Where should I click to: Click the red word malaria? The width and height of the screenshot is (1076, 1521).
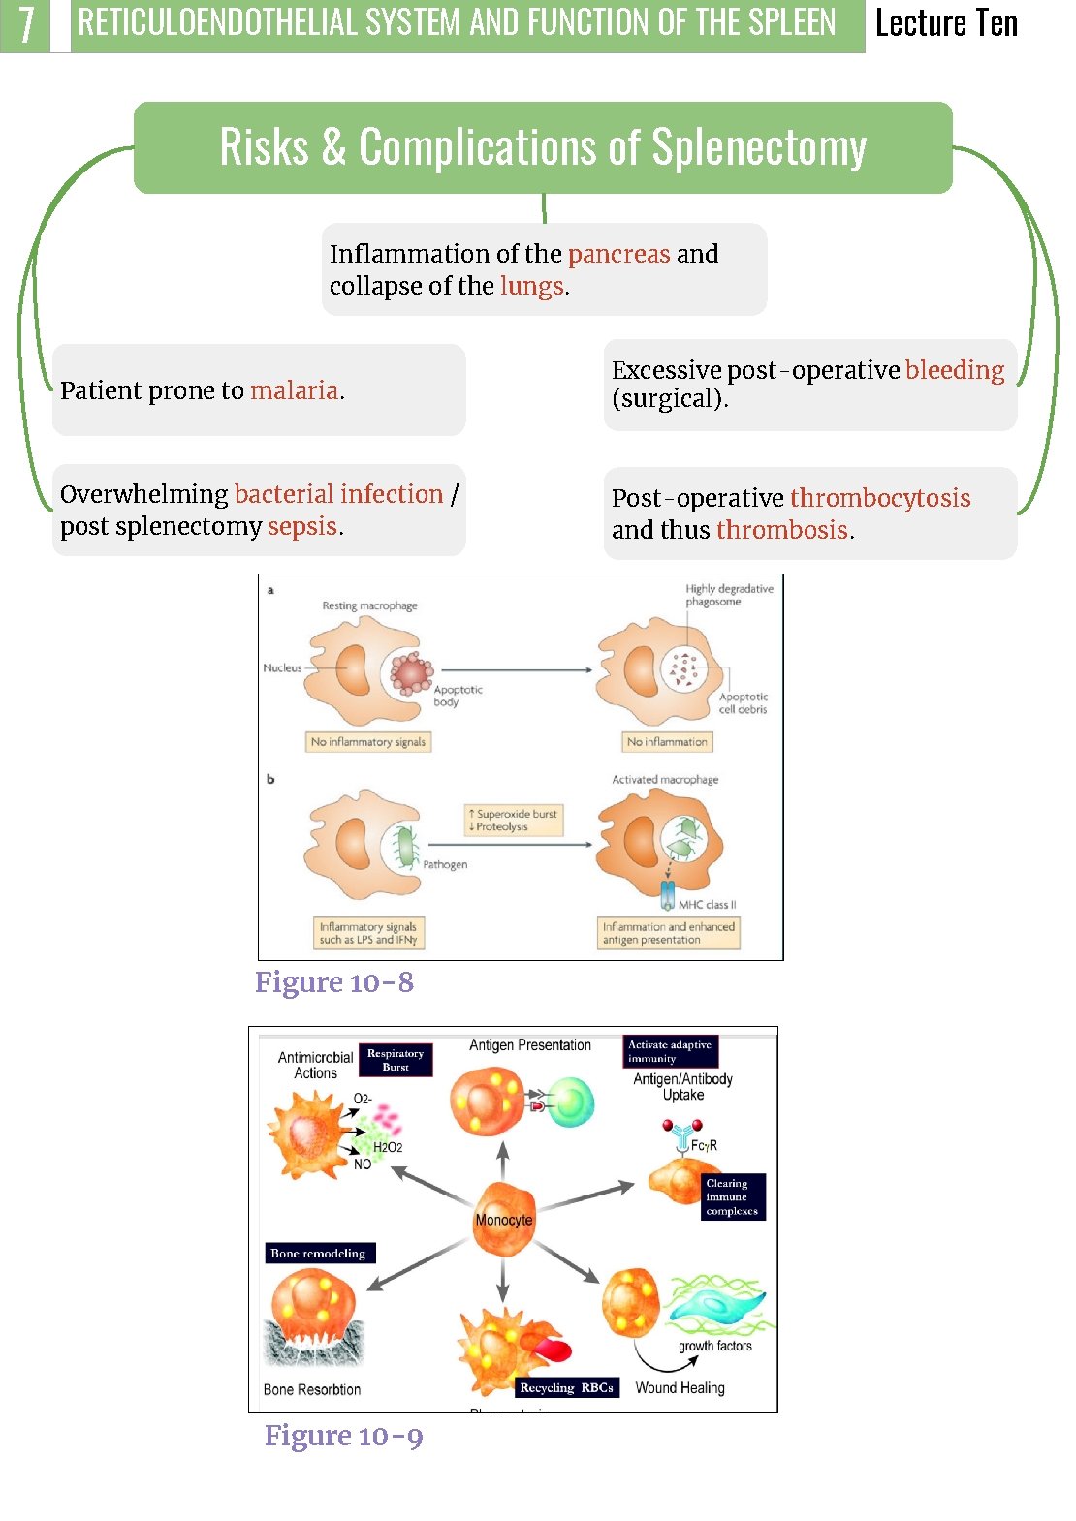(x=295, y=390)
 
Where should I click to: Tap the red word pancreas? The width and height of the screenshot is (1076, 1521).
(x=618, y=254)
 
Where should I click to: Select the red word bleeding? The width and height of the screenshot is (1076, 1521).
(x=954, y=370)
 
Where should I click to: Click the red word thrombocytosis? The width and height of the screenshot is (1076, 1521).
(x=879, y=498)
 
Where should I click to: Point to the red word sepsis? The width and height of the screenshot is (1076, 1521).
(x=302, y=526)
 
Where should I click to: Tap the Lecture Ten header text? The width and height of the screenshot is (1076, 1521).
(x=946, y=23)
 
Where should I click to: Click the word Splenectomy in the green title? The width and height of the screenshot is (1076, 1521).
(x=758, y=147)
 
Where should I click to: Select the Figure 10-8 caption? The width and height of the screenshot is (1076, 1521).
(x=334, y=982)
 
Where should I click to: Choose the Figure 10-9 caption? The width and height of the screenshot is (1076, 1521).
(x=344, y=1436)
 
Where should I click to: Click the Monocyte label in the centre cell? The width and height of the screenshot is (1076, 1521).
(x=503, y=1220)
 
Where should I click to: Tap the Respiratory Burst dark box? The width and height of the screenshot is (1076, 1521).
(x=396, y=1060)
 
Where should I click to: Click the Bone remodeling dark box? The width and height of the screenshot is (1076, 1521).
(x=318, y=1254)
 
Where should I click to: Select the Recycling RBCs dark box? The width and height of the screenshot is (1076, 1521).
(x=566, y=1387)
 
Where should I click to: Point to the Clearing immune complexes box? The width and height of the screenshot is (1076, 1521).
(x=732, y=1196)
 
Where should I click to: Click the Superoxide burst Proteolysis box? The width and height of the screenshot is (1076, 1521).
(x=514, y=820)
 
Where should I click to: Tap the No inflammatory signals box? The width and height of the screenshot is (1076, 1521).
(x=368, y=742)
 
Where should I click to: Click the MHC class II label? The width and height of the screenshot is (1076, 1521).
(x=707, y=905)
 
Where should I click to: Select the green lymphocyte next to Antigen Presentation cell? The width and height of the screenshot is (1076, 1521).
(x=571, y=1102)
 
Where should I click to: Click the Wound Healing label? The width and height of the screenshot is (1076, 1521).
(x=680, y=1388)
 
